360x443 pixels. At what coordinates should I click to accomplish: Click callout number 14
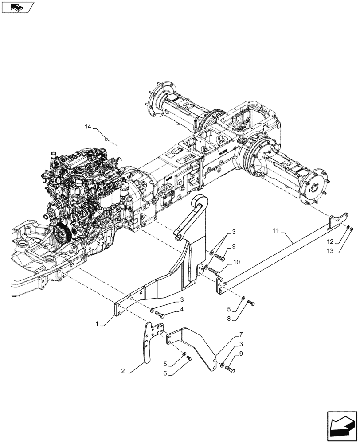[x=88, y=127]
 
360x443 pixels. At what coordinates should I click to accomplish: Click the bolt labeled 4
[x=160, y=315]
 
